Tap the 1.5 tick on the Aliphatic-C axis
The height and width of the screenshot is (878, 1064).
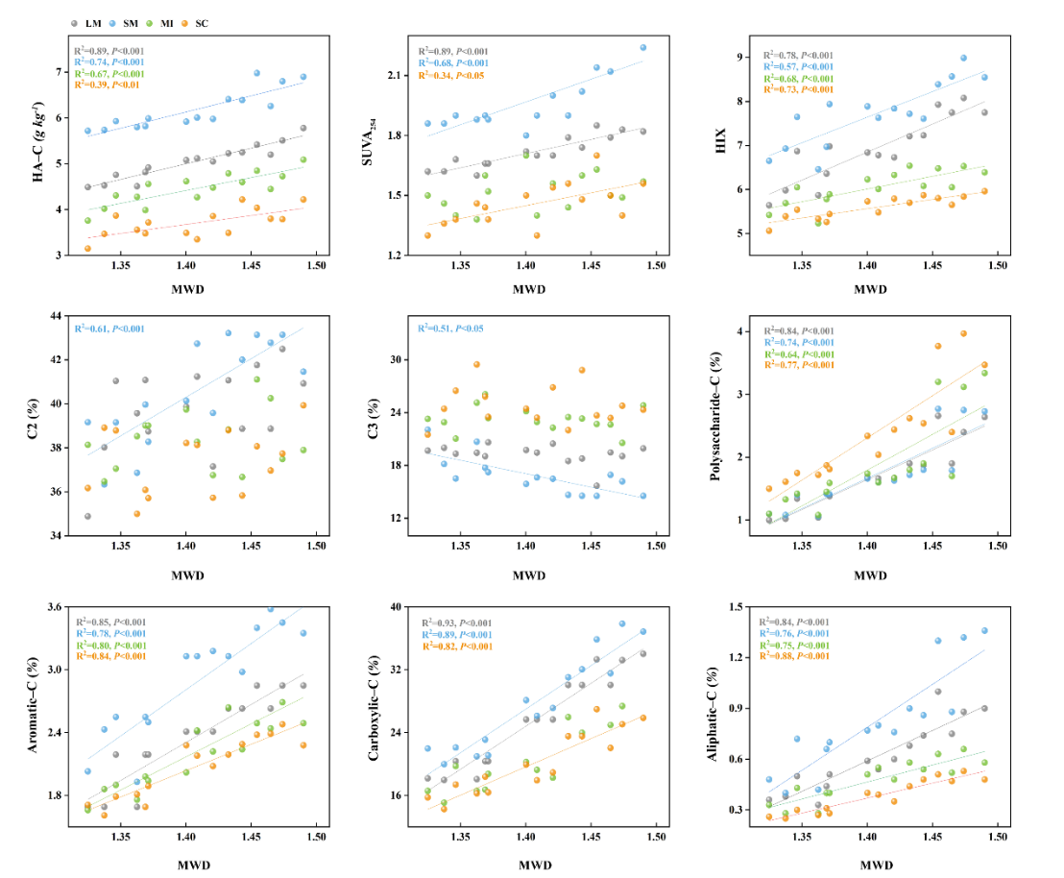(740, 607)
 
